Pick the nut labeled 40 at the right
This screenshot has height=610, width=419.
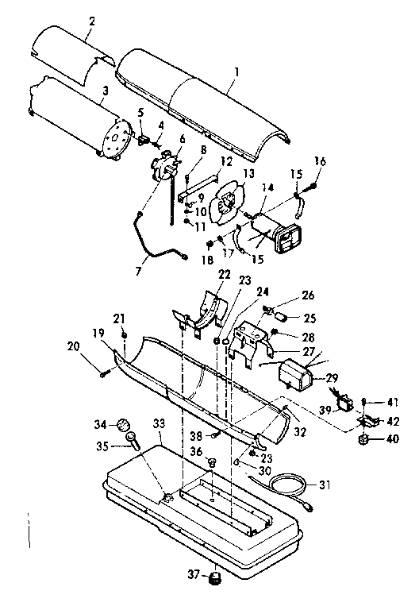click(x=365, y=438)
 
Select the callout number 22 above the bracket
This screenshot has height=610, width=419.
click(x=202, y=274)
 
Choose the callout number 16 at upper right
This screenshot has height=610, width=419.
click(x=319, y=161)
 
